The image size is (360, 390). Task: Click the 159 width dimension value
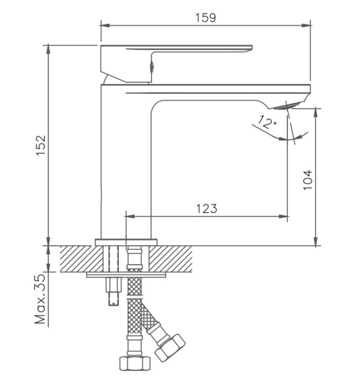(206, 18)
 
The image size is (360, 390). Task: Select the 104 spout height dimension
(308, 180)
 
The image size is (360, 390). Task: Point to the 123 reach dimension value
(207, 208)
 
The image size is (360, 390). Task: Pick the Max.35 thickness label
(40, 299)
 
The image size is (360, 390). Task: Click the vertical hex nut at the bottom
(135, 364)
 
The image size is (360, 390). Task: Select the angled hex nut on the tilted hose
(170, 348)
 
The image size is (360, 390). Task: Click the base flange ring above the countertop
(126, 242)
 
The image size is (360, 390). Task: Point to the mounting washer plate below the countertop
(126, 275)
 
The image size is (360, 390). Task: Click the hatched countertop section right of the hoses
(171, 259)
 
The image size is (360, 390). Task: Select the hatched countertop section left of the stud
(82, 259)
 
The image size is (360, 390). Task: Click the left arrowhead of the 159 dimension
(105, 26)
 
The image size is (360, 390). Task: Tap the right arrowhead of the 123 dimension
(283, 217)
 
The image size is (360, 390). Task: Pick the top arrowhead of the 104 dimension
(316, 112)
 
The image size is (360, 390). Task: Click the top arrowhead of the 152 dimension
(48, 50)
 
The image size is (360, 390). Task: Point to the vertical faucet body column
(126, 162)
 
